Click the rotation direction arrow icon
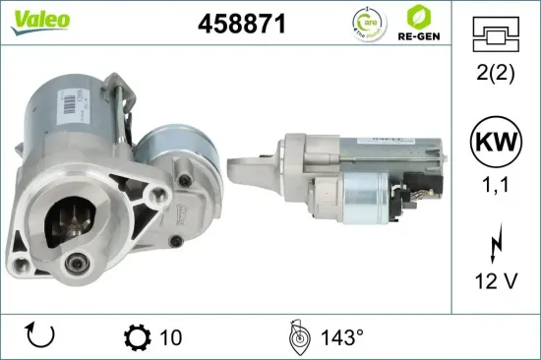pos(38,337)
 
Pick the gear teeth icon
pos(138,337)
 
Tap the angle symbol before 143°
pos(299,336)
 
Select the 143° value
pos(340,337)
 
